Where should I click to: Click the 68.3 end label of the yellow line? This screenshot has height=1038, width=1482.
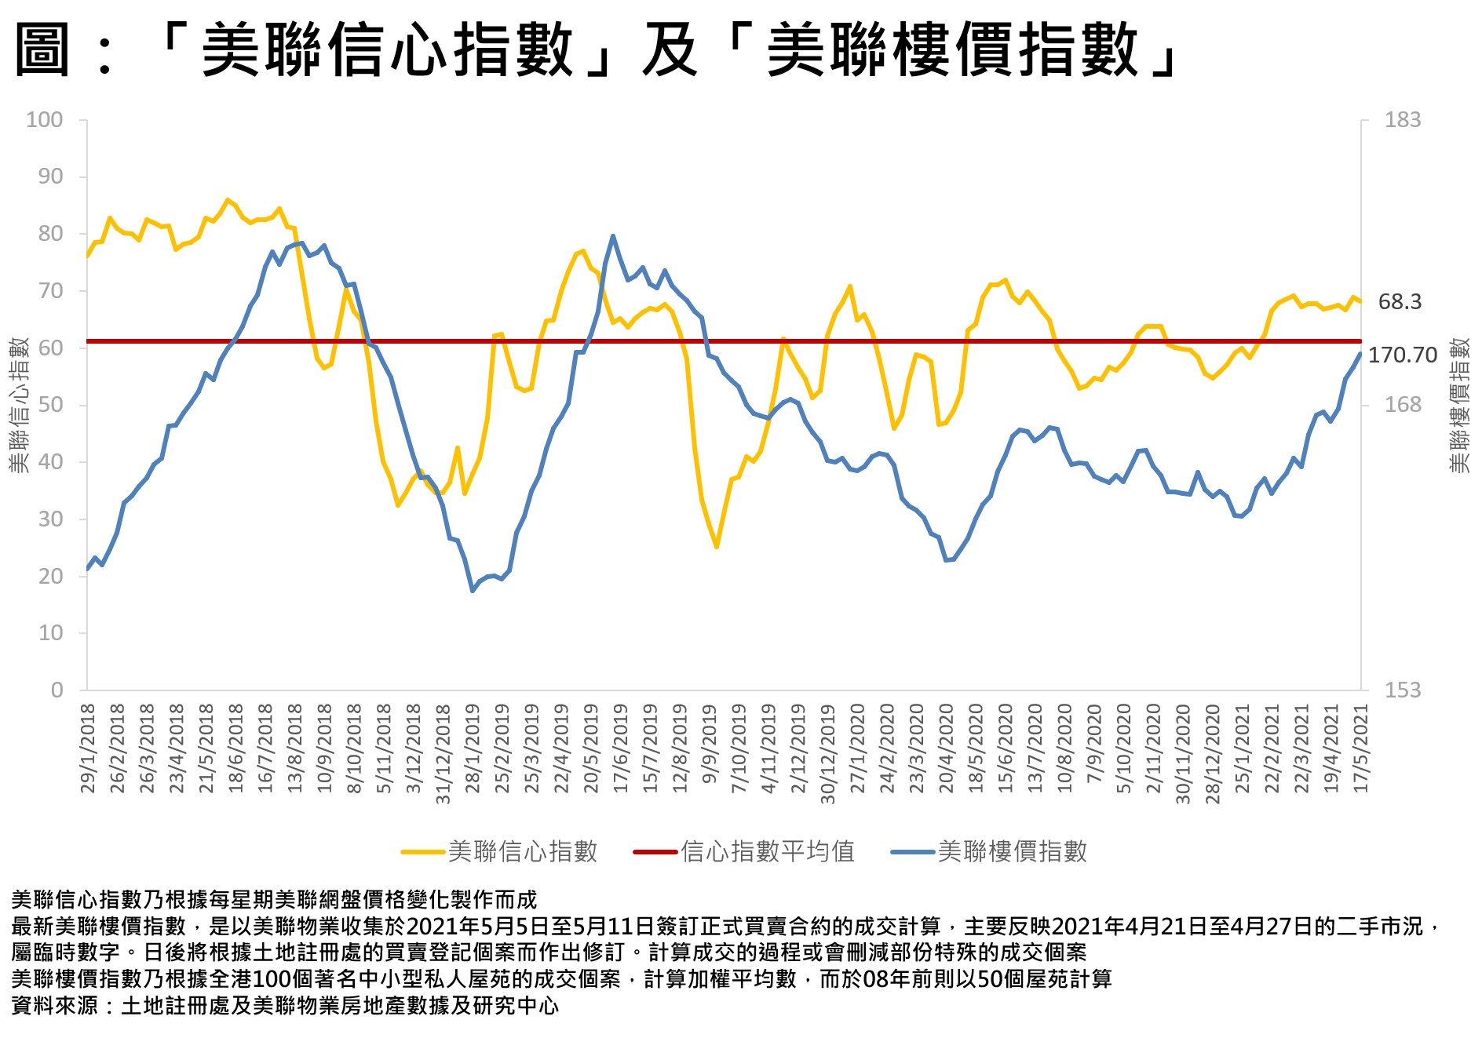pyautogui.click(x=1400, y=302)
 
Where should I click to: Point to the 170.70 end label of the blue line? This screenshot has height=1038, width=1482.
pyautogui.click(x=1403, y=355)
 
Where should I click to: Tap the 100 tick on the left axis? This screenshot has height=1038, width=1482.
pyautogui.click(x=44, y=120)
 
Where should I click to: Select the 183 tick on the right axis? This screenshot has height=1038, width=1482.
pyautogui.click(x=1402, y=120)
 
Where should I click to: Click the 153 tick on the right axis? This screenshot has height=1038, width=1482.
pyautogui.click(x=1402, y=690)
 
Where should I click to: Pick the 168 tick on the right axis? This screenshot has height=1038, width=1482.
pyautogui.click(x=1402, y=405)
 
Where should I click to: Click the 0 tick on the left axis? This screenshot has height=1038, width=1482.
pyautogui.click(x=57, y=690)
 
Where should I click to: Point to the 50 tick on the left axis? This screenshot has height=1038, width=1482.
pyautogui.click(x=50, y=405)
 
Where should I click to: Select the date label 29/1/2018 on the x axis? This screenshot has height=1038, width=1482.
pyautogui.click(x=88, y=748)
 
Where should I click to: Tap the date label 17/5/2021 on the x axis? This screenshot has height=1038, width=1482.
pyautogui.click(x=1361, y=748)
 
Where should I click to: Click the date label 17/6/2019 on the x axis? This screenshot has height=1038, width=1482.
pyautogui.click(x=621, y=748)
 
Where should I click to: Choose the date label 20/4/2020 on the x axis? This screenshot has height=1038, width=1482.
pyautogui.click(x=947, y=748)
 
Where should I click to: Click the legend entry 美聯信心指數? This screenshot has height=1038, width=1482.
pyautogui.click(x=522, y=851)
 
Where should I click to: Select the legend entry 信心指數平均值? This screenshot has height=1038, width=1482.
pyautogui.click(x=767, y=851)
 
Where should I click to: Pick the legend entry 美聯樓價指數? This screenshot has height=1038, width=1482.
pyautogui.click(x=1012, y=851)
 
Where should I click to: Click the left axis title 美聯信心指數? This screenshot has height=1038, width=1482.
pyautogui.click(x=19, y=405)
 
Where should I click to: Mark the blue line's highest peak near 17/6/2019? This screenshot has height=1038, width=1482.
pyautogui.click(x=612, y=236)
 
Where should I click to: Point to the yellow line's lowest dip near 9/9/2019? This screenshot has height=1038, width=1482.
pyautogui.click(x=716, y=546)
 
